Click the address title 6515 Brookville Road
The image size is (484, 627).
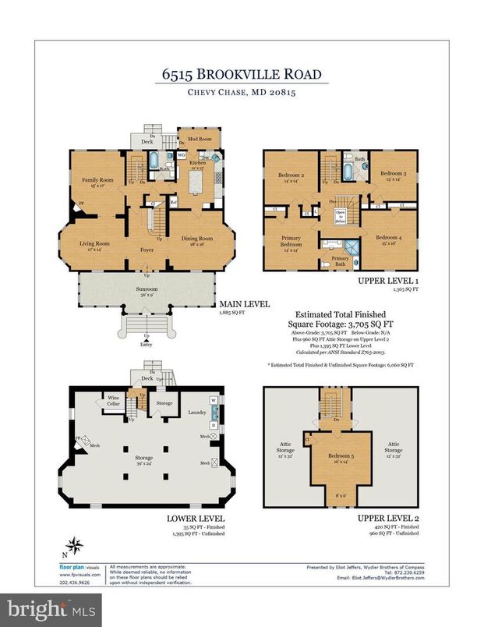point(241,75)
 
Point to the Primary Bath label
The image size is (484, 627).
point(341,260)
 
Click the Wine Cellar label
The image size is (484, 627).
point(114,400)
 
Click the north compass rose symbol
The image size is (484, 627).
point(75,547)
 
